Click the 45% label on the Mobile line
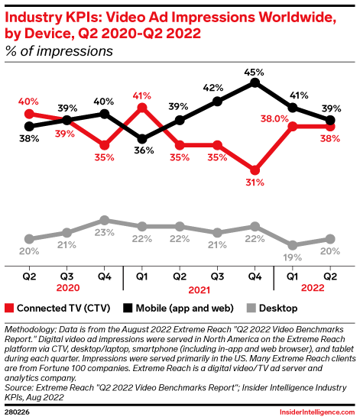tap(255, 72)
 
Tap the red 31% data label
tap(255, 183)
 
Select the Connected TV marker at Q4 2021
tap(255, 170)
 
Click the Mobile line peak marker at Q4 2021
tap(255, 83)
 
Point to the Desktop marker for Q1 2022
tap(292, 244)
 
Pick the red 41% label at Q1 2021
tap(141, 97)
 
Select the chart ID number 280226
tap(21, 412)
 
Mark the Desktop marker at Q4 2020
tap(104, 221)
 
